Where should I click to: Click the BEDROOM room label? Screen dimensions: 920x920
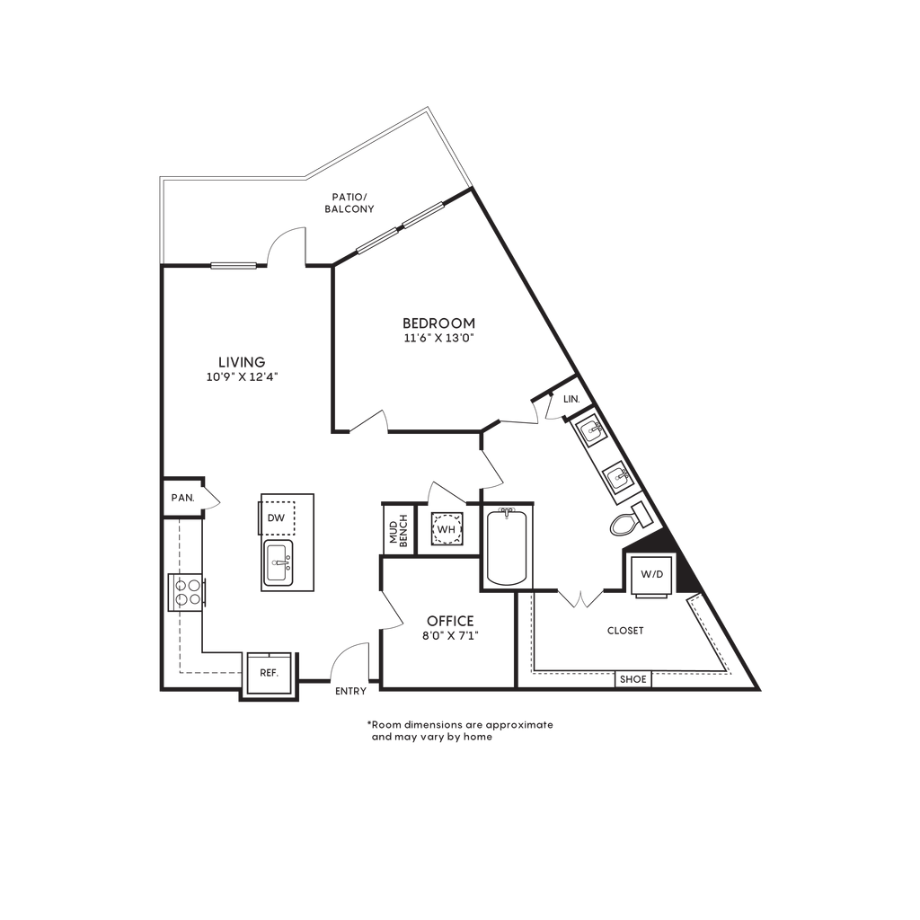(438, 323)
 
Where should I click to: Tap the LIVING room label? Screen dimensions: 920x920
(242, 362)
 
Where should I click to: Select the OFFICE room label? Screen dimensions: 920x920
(450, 621)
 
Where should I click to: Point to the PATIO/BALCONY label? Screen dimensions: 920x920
(349, 203)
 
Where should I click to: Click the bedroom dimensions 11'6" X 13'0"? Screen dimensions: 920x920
(438, 338)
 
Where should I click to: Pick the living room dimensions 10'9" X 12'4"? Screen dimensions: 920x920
(242, 377)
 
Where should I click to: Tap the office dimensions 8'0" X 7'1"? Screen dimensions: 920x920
(450, 635)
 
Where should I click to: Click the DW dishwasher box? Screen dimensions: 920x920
(277, 517)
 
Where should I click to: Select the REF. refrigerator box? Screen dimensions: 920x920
(269, 673)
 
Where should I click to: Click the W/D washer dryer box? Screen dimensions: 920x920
(651, 574)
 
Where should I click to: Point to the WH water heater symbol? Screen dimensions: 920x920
(447, 529)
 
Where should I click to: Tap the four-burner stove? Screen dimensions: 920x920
(187, 592)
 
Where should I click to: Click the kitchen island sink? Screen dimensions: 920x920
(279, 563)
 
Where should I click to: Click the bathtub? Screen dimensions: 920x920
(507, 547)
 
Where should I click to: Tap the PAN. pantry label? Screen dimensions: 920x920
(182, 498)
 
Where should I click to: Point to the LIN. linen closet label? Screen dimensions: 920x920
(571, 399)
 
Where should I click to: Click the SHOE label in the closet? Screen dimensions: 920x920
(633, 679)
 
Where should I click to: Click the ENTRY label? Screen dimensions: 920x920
(350, 691)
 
